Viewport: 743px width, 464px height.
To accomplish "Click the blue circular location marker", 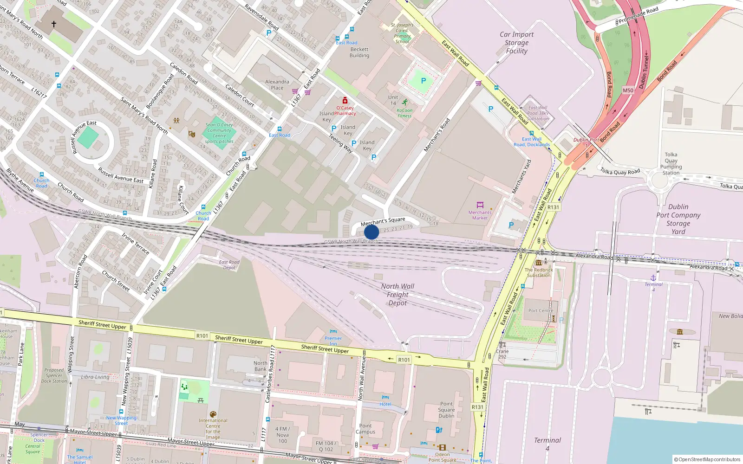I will click(371, 232).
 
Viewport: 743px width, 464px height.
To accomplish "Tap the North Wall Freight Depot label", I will click(398, 295).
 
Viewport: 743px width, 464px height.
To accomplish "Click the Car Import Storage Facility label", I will click(516, 43).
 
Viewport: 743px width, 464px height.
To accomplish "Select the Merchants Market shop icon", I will click(480, 205).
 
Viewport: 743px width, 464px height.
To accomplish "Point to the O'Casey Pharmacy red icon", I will click(345, 101).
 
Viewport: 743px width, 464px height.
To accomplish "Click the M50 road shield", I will click(628, 90).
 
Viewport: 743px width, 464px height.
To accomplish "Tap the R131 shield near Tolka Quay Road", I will click(553, 207).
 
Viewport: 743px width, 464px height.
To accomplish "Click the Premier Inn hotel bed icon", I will click(333, 331).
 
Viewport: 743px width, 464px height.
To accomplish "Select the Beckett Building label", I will click(359, 52).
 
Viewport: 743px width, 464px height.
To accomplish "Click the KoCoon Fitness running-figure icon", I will click(404, 103).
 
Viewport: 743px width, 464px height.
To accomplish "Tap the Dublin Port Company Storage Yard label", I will click(678, 219).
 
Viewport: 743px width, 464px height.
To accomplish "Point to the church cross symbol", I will click(54, 24).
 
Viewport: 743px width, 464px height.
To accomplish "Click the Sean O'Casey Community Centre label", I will click(219, 133).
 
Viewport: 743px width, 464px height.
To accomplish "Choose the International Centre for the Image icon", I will click(213, 414).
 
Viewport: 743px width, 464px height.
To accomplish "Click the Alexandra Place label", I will click(277, 84).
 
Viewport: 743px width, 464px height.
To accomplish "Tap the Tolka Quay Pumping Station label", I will click(671, 164).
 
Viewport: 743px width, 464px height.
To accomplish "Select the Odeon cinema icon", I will click(442, 448).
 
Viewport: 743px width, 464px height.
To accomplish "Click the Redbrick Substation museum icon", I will click(539, 262).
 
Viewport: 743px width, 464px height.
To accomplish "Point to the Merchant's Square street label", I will click(383, 221).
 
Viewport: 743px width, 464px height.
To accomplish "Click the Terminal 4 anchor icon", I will click(653, 277).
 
